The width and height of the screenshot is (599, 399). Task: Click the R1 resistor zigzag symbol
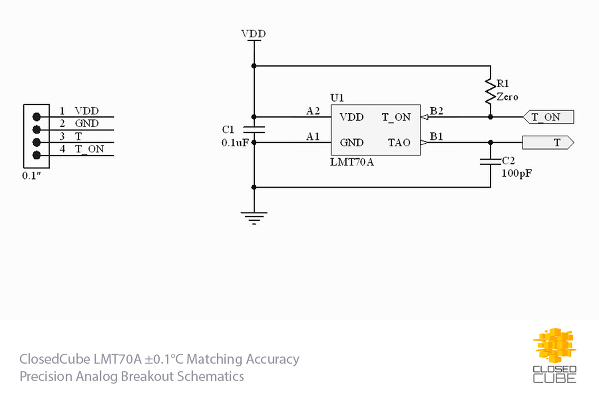pyautogui.click(x=490, y=91)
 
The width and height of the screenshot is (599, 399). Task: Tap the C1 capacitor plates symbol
pyautogui.click(x=254, y=129)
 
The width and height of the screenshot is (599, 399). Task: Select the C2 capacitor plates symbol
pyautogui.click(x=490, y=162)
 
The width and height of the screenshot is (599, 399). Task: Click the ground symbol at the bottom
pyautogui.click(x=254, y=218)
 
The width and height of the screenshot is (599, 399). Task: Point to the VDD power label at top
pyautogui.click(x=253, y=34)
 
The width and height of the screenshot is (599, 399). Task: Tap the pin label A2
pyautogui.click(x=313, y=111)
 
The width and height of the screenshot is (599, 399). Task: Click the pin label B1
pyautogui.click(x=436, y=137)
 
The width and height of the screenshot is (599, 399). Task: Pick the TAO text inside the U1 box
pyautogui.click(x=399, y=143)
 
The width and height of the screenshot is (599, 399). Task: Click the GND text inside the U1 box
pyautogui.click(x=351, y=143)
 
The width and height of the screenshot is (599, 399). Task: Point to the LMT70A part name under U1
pyautogui.click(x=352, y=162)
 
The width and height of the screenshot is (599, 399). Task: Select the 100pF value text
pyautogui.click(x=516, y=174)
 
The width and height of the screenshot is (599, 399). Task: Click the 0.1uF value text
pyautogui.click(x=235, y=143)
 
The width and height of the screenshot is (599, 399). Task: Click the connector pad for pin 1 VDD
pyautogui.click(x=37, y=117)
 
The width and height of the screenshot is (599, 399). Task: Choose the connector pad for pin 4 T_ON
pyautogui.click(x=37, y=155)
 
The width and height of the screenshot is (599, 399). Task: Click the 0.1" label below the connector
pyautogui.click(x=32, y=176)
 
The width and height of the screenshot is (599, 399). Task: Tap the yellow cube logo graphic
pyautogui.click(x=555, y=346)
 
